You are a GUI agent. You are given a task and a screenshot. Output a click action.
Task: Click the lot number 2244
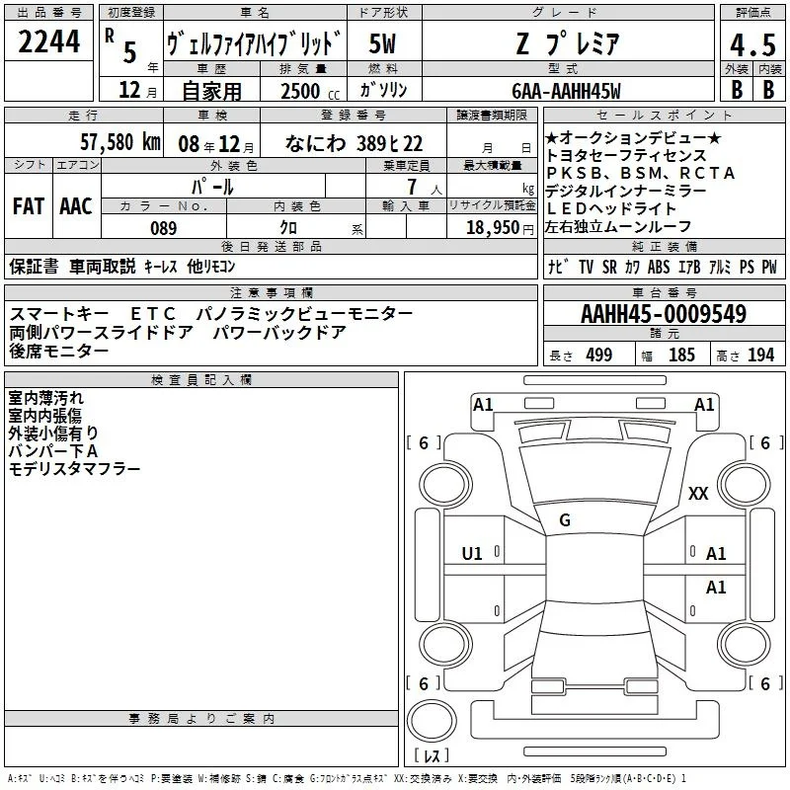click(48, 41)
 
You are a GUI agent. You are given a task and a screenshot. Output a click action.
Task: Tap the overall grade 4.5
click(752, 44)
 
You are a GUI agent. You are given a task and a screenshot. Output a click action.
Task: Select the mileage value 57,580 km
click(120, 142)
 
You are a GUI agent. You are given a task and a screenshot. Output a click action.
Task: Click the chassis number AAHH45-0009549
click(664, 313)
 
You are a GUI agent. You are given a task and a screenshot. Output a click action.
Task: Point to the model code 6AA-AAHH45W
click(566, 91)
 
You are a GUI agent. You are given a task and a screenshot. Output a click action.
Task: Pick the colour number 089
click(164, 228)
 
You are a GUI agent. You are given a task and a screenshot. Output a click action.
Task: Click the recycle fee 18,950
click(493, 228)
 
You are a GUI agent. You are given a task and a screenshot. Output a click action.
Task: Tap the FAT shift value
click(29, 206)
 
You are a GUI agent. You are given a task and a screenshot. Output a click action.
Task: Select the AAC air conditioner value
click(76, 206)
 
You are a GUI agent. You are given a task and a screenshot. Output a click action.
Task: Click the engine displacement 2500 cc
click(310, 91)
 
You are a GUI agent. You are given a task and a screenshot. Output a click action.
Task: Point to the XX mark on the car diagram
click(698, 493)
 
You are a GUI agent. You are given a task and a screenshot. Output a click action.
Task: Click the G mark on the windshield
click(565, 520)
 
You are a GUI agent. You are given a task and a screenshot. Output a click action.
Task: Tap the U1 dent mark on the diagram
click(472, 554)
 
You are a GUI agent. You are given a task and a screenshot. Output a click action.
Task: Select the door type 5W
click(383, 43)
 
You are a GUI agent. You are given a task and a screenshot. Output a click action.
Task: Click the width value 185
click(681, 355)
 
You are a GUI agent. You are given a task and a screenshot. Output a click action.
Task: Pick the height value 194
click(760, 355)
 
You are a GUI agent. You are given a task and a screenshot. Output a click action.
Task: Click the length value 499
click(599, 355)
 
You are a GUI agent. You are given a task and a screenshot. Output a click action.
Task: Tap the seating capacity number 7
click(412, 187)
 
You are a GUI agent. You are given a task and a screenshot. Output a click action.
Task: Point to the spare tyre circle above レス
click(432, 721)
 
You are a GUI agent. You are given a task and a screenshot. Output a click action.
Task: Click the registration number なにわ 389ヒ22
click(354, 143)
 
